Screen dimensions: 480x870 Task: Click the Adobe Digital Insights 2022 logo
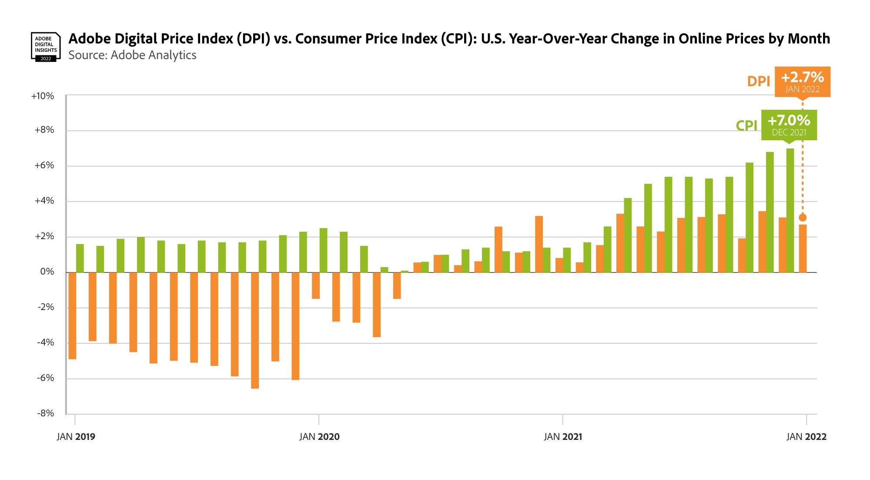pyautogui.click(x=45, y=47)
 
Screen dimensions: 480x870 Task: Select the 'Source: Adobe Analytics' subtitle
pyautogui.click(x=132, y=55)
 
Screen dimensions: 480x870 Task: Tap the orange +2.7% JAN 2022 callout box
pyautogui.click(x=802, y=81)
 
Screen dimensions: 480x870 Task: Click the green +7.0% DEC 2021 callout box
pyautogui.click(x=789, y=125)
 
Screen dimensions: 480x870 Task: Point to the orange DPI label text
pyautogui.click(x=758, y=81)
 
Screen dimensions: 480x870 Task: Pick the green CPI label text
pyautogui.click(x=746, y=125)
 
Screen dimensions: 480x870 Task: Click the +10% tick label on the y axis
pyautogui.click(x=43, y=96)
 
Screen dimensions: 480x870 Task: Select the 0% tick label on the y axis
pyautogui.click(x=47, y=272)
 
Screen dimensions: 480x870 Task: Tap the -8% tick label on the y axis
pyautogui.click(x=45, y=413)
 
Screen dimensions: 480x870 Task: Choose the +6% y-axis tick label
pyautogui.click(x=44, y=166)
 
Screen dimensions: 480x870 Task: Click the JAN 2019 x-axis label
pyautogui.click(x=76, y=437)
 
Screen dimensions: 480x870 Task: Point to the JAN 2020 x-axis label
pyautogui.click(x=319, y=437)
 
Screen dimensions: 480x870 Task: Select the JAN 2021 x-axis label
pyautogui.click(x=563, y=437)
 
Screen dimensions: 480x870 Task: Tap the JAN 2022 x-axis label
pyautogui.click(x=806, y=437)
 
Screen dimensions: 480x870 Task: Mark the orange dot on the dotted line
pyautogui.click(x=803, y=217)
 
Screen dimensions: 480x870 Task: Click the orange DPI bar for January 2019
pyautogui.click(x=72, y=315)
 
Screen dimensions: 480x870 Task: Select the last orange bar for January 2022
pyautogui.click(x=803, y=249)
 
